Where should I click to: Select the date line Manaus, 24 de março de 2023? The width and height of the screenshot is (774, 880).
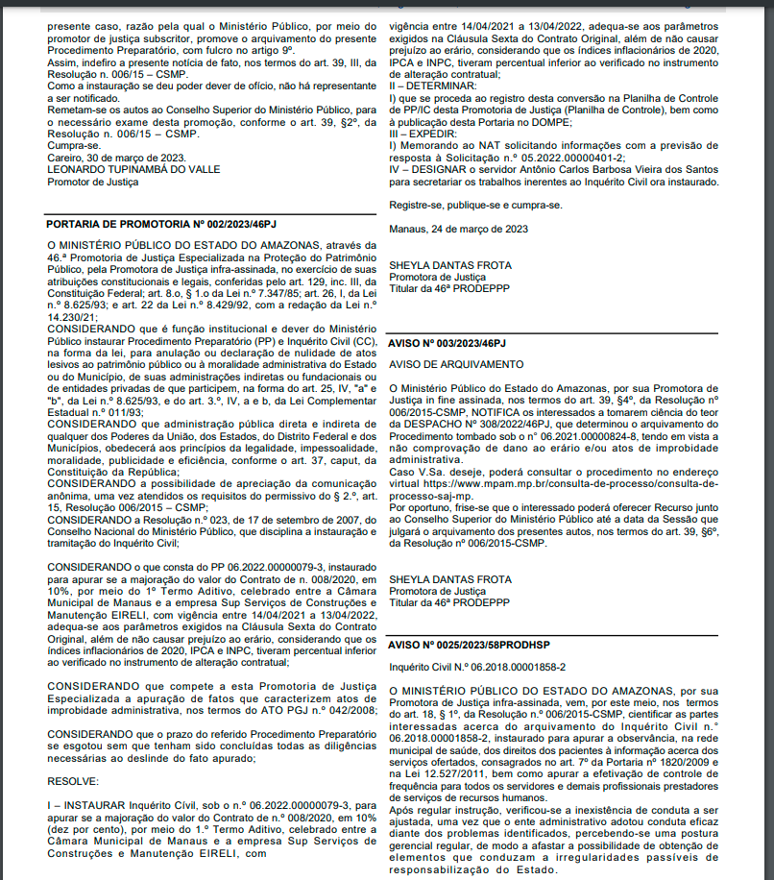click(x=458, y=229)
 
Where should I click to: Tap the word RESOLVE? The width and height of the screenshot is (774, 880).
click(x=72, y=780)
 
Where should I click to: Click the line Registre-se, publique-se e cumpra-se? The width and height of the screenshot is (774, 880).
click(x=474, y=205)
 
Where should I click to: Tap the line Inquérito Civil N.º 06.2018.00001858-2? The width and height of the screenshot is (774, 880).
click(x=477, y=666)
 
